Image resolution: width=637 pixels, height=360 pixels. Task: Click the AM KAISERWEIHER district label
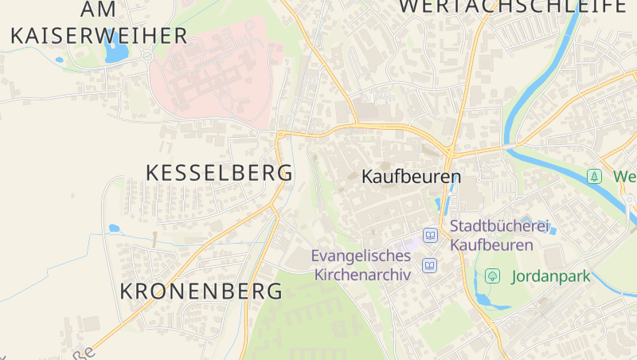click(99, 22)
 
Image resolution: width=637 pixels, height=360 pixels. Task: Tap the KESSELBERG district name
click(220, 173)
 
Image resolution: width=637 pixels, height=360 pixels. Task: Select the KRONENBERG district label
click(201, 292)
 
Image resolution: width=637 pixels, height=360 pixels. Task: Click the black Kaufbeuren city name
click(412, 177)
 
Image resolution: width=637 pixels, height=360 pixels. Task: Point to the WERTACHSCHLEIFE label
click(512, 6)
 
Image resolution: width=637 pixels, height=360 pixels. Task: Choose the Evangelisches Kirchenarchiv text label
click(362, 265)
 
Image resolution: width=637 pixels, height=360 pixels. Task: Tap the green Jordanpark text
click(550, 276)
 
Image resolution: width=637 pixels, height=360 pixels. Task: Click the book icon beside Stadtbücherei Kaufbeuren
click(431, 235)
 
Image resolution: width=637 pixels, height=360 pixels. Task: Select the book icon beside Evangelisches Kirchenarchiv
click(431, 265)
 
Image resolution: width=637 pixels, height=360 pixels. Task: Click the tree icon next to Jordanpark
click(493, 276)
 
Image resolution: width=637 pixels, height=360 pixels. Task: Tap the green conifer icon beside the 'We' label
click(594, 176)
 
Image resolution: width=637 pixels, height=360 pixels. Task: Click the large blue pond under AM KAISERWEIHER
click(116, 50)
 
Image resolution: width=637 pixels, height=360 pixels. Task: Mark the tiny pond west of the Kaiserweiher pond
click(59, 60)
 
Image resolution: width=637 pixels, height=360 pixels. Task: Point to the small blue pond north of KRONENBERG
click(114, 229)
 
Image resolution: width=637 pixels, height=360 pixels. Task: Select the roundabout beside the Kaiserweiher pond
click(147, 57)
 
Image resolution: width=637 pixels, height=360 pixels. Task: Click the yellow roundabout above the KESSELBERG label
click(280, 135)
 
